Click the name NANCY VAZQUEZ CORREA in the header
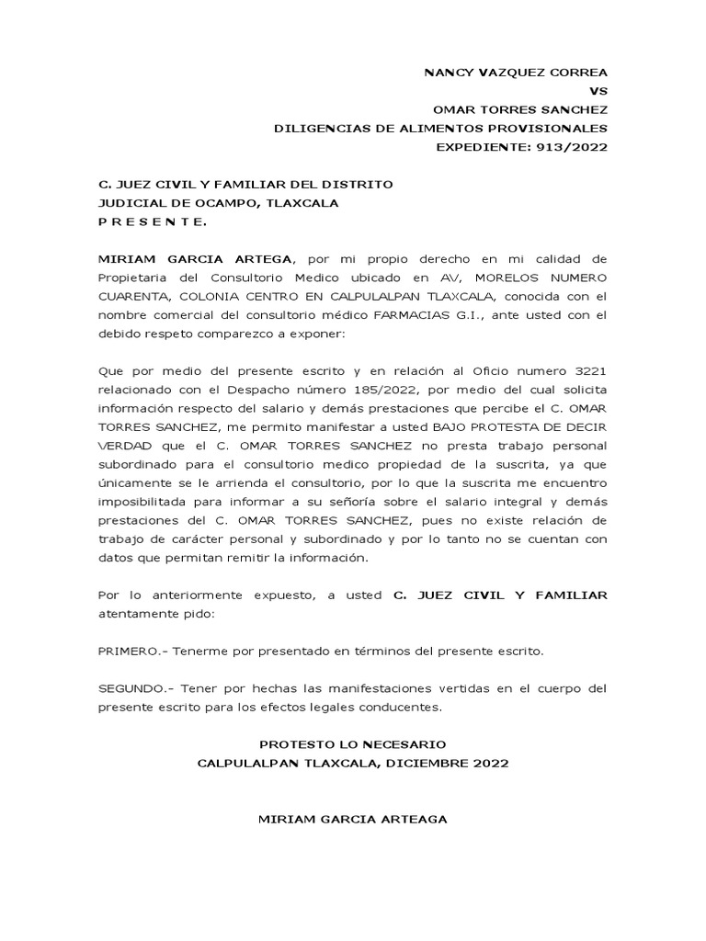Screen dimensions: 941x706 514,72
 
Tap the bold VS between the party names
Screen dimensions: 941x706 598,91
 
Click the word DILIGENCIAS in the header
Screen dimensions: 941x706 317,128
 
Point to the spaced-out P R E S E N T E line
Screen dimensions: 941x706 153,222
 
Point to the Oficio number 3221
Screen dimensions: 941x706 588,370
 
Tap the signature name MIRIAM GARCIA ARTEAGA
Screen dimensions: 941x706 353,819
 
